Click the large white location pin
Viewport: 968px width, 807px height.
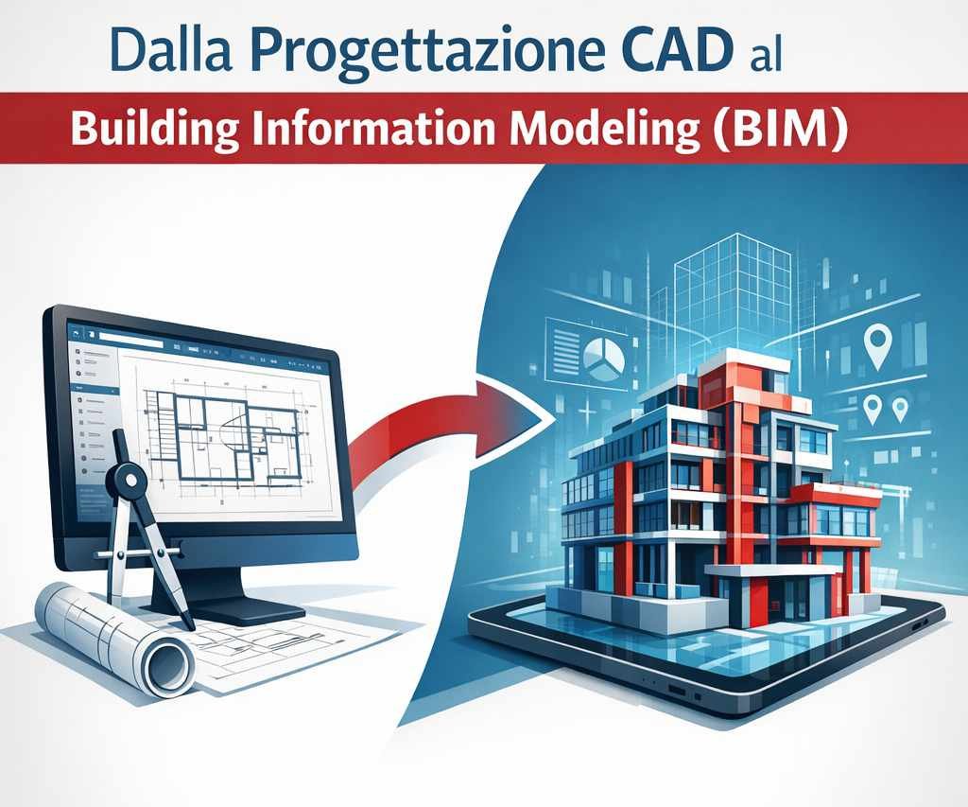tap(879, 344)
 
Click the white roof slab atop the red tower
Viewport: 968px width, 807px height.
tap(742, 360)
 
